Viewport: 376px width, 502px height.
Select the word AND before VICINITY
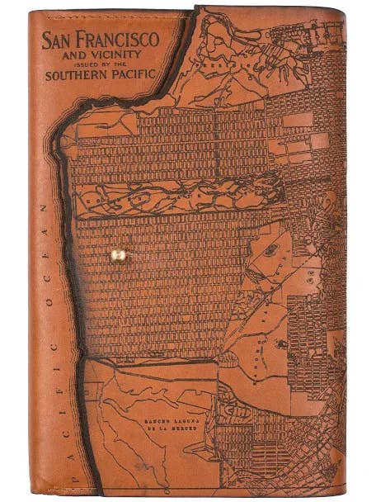[x=74, y=54]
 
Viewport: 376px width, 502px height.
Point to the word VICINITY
[x=110, y=54]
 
